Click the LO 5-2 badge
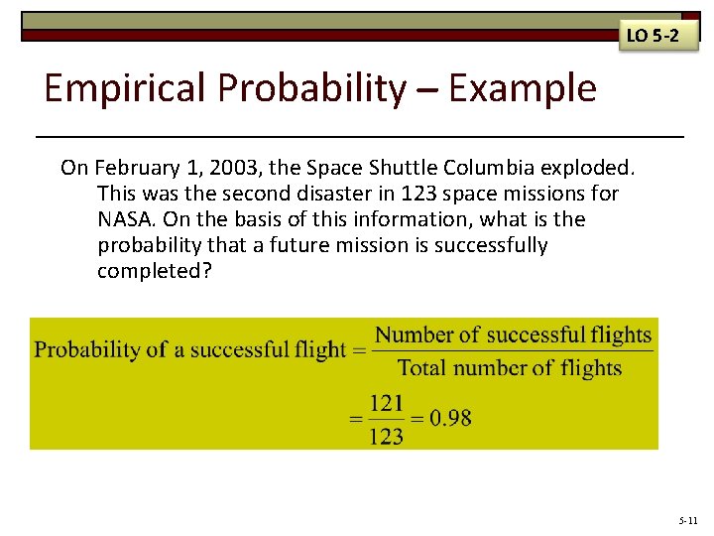click(652, 37)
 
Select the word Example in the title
click(523, 89)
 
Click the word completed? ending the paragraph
click(154, 270)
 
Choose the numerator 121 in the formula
click(386, 404)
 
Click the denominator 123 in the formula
click(386, 435)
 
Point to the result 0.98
click(451, 418)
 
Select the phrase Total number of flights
click(510, 368)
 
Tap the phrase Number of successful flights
click(513, 335)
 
